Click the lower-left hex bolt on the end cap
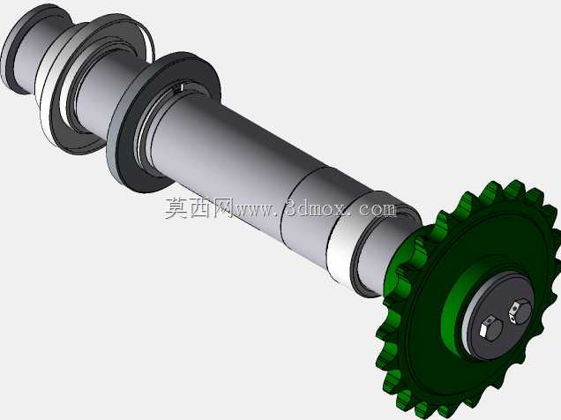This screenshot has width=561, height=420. pyautogui.click(x=491, y=327)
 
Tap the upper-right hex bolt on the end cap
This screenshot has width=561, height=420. pyautogui.click(x=520, y=312)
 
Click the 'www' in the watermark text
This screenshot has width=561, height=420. pyautogui.click(x=251, y=209)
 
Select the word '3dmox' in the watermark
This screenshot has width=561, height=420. pyautogui.click(x=316, y=208)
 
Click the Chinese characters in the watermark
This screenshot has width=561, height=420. pyautogui.click(x=198, y=208)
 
